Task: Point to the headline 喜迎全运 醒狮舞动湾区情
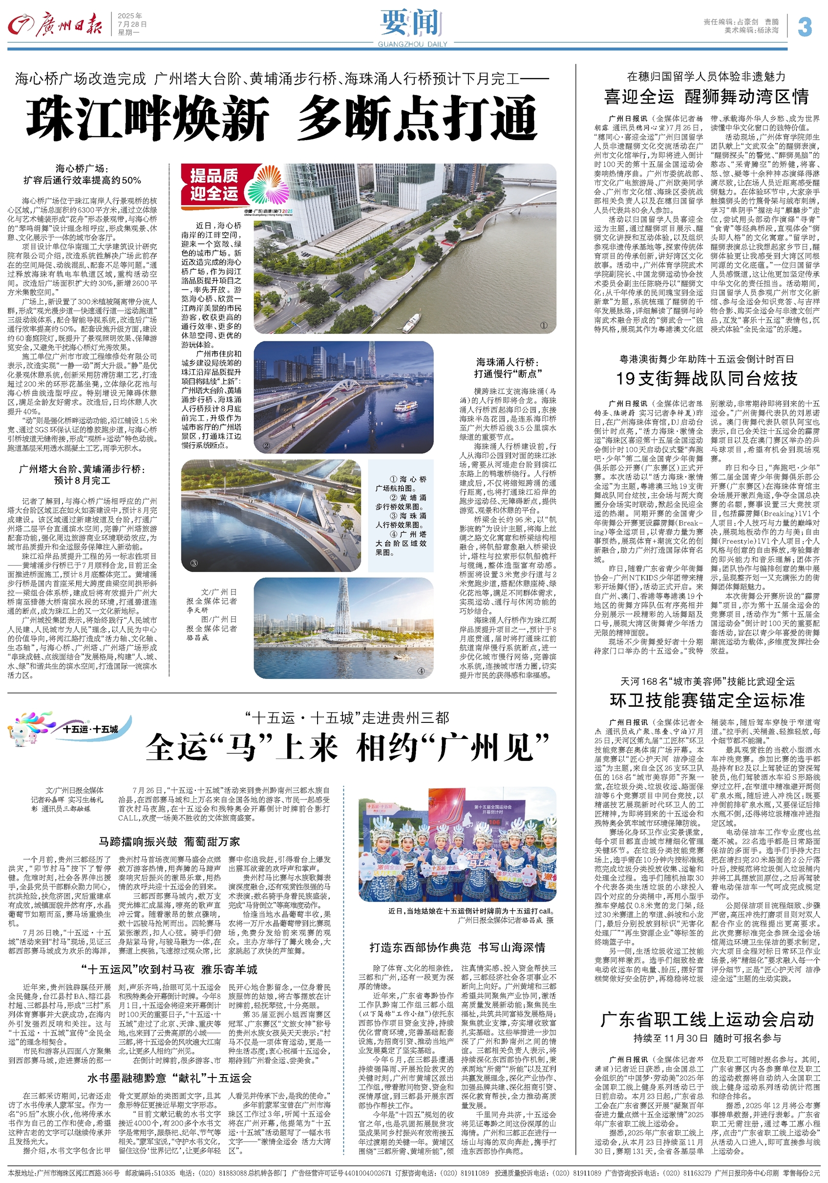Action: tap(706, 96)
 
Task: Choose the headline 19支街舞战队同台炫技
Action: tap(706, 379)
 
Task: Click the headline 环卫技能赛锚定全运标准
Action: tap(706, 700)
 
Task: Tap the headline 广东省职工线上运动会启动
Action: tap(707, 1020)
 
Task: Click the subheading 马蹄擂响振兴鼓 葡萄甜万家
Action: tap(169, 842)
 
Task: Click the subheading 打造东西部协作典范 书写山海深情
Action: tap(457, 948)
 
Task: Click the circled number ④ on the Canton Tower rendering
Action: tap(421, 671)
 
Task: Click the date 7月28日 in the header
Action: tap(132, 24)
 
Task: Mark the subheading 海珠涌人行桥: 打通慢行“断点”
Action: tap(507, 368)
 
